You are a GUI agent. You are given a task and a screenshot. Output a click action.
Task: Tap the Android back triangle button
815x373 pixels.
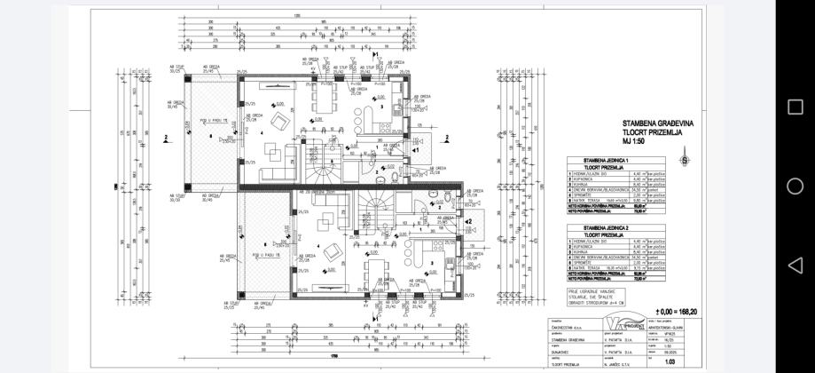(x=795, y=265)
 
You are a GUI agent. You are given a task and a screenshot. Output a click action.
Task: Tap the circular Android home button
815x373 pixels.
(x=795, y=186)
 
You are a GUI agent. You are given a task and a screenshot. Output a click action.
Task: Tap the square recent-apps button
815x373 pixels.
(x=795, y=107)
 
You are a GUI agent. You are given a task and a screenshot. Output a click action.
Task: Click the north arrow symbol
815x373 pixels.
(x=684, y=160)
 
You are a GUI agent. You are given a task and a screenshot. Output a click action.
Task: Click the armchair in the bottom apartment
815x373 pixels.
(x=332, y=250)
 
